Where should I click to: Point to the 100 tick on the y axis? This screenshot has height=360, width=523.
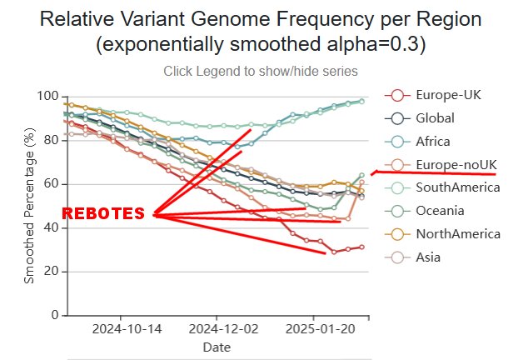point(48,97)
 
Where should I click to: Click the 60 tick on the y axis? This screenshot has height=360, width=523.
point(52,184)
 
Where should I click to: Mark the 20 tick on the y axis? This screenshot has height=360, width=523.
point(52,272)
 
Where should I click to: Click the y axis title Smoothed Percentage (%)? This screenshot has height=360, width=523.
point(30,206)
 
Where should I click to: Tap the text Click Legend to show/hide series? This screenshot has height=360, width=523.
point(261,72)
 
